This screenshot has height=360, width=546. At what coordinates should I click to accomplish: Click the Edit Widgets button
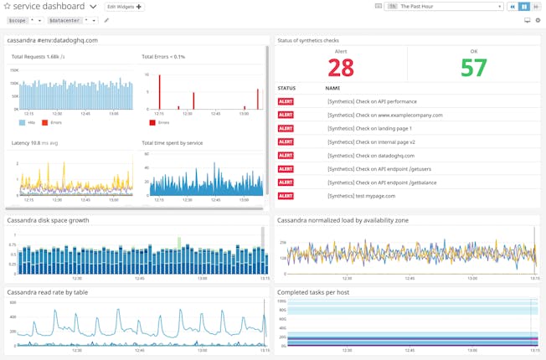pos(125,7)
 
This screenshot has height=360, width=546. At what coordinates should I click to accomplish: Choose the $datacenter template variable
pos(64,20)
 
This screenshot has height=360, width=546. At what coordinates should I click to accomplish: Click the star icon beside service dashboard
pos(6,7)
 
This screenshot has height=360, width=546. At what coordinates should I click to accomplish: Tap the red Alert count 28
pos(341,67)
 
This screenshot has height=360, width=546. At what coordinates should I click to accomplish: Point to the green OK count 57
pos(473,67)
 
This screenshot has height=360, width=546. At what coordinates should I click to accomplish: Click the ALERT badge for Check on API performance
pos(286,101)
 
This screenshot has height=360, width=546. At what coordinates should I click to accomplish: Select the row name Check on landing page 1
pos(369,128)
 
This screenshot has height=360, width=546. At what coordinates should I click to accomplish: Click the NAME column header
pos(332,87)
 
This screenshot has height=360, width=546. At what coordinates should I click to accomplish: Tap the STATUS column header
pos(286,87)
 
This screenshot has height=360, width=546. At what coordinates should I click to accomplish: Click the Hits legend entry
pos(28,122)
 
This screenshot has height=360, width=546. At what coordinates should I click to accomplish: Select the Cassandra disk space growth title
pos(48,220)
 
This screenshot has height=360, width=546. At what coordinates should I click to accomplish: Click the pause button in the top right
pos(525,7)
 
